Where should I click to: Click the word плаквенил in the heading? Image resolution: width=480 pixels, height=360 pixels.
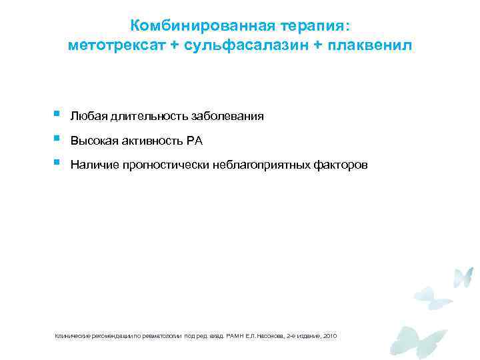[x=370, y=46]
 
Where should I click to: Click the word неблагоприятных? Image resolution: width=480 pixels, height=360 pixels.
[x=263, y=165]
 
